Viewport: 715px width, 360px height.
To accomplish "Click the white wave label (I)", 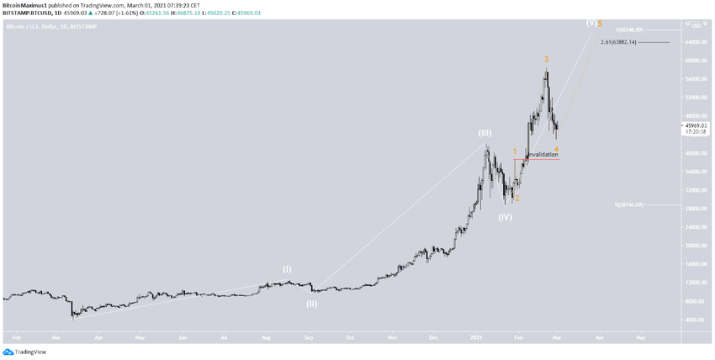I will tap(287, 269).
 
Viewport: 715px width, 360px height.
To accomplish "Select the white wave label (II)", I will tap(311, 304).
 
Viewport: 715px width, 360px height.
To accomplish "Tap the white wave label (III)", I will tap(485, 133).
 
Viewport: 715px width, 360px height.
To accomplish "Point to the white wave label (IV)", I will tap(505, 217).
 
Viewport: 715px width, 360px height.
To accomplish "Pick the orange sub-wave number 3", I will tap(546, 59).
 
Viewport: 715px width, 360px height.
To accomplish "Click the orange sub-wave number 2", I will tap(517, 199).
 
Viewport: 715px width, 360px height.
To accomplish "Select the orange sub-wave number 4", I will tap(557, 150).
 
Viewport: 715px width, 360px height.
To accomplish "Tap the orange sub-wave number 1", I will tap(515, 151).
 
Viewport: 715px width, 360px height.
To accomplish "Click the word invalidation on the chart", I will tap(543, 155).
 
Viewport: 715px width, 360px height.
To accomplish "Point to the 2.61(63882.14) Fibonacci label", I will tap(624, 42).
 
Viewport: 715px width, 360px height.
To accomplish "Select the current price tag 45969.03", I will tap(696, 125).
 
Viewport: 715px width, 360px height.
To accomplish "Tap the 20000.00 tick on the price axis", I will tap(695, 246).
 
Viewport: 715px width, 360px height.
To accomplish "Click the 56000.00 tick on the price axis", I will tap(695, 79).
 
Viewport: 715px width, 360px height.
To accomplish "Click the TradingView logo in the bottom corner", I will tap(24, 352).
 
